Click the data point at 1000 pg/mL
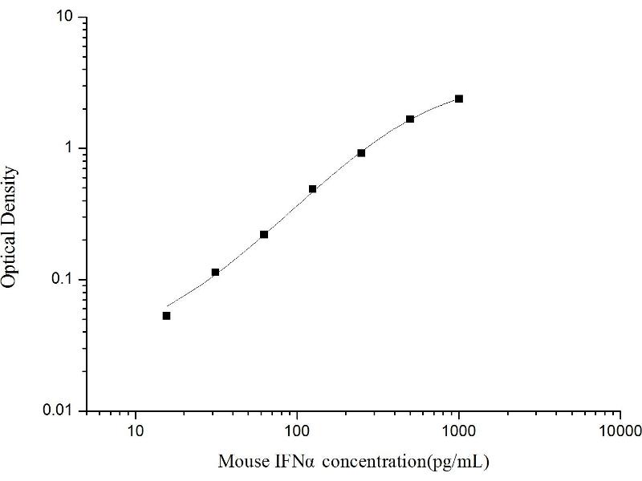pyautogui.click(x=459, y=99)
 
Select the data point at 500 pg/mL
pyautogui.click(x=410, y=119)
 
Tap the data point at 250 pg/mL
pyautogui.click(x=361, y=152)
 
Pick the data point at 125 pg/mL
pyautogui.click(x=312, y=189)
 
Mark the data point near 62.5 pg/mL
pyautogui.click(x=264, y=234)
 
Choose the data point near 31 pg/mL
pyautogui.click(x=215, y=273)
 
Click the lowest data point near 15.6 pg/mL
pyautogui.click(x=166, y=316)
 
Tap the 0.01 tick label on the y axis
pyautogui.click(x=61, y=411)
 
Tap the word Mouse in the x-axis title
pyautogui.click(x=238, y=463)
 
